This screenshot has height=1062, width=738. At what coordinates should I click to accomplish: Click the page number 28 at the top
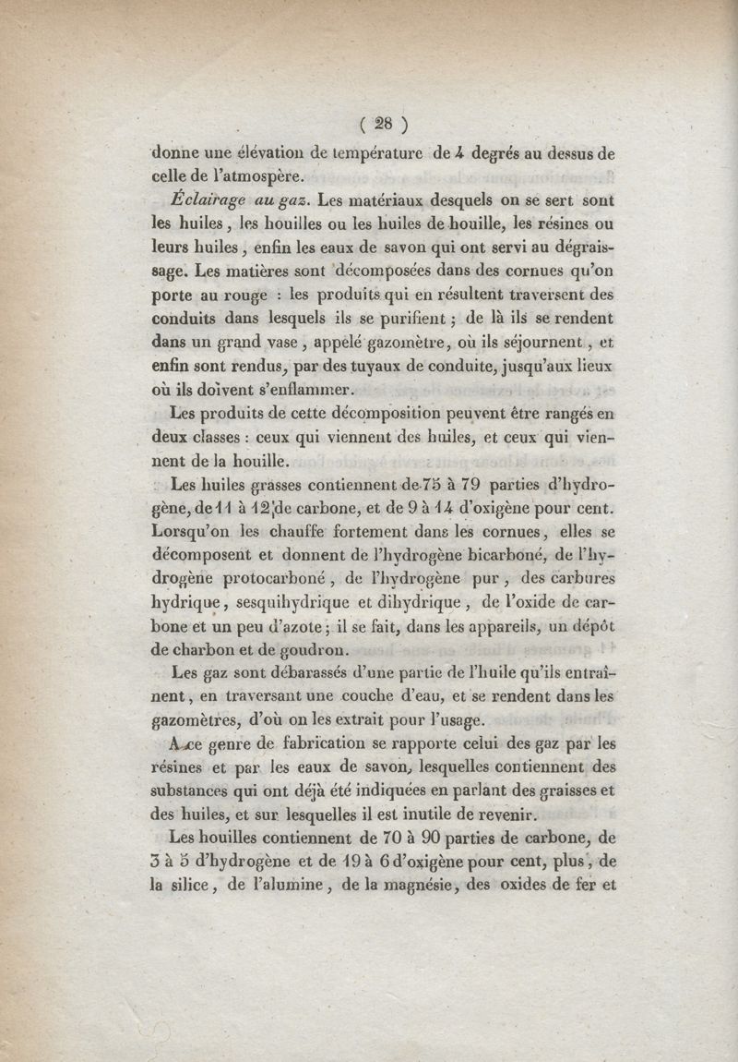pos(377,125)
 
